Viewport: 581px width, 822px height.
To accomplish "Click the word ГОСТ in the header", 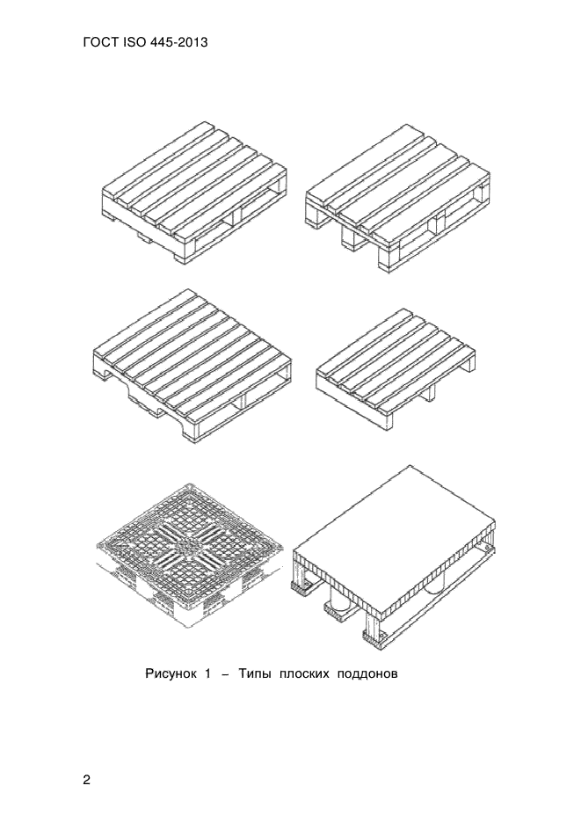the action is (100, 42).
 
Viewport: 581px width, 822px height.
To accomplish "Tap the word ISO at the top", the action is (132, 42).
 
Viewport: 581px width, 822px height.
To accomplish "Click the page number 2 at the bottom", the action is (87, 780).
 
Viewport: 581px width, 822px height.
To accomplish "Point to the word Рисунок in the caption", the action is (171, 673).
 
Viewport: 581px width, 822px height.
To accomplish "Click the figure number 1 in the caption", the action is (207, 673).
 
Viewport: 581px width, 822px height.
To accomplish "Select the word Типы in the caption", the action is (254, 673).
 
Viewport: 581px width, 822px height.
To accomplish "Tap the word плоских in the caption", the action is (304, 673).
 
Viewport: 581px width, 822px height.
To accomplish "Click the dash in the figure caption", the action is (225, 674).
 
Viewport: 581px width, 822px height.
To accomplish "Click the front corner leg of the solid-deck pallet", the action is (374, 630).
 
